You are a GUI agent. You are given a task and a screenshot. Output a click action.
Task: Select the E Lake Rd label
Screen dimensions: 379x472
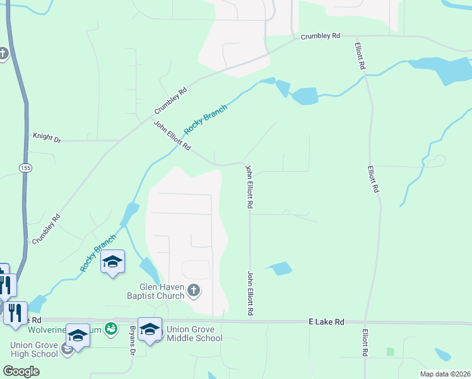[326, 322]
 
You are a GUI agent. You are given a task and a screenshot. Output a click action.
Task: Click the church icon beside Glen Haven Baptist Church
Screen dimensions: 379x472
[194, 291]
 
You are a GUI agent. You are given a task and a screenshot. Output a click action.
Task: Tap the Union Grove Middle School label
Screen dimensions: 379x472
[194, 334]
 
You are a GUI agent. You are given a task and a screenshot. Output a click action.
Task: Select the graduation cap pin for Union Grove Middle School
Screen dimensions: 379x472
[150, 329]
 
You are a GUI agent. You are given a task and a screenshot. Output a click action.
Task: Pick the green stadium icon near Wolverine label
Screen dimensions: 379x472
[111, 328]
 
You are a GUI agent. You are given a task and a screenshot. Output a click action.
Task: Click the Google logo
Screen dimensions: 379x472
[21, 371]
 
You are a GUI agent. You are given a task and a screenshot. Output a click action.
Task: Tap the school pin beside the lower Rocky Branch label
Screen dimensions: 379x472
[112, 262]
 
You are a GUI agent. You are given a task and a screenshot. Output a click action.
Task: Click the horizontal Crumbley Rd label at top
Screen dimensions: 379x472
[320, 36]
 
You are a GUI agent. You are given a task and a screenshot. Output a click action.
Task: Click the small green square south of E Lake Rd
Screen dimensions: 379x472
[390, 351]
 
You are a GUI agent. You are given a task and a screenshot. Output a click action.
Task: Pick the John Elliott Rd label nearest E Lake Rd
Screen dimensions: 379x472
[251, 294]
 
